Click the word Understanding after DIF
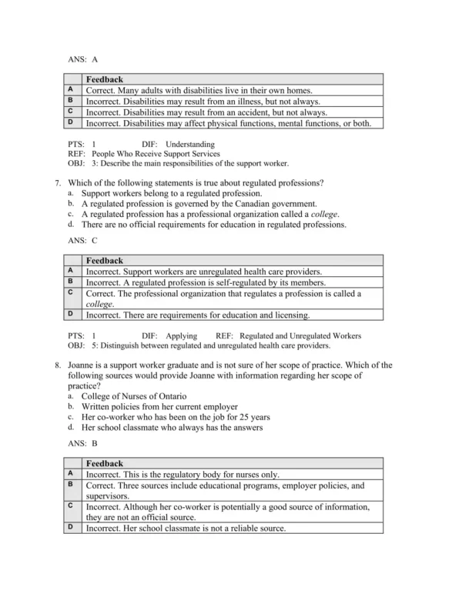pos(190,144)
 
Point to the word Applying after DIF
pos(182,335)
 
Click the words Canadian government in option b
pos(274,204)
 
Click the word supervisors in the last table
pos(109,496)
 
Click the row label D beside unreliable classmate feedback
pos(70,528)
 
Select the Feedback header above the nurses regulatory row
pos(104,464)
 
